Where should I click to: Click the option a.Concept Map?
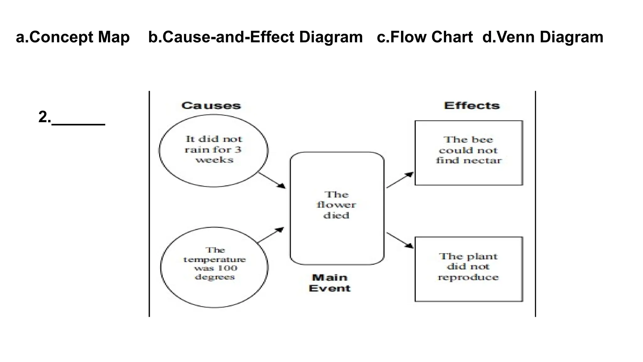73,37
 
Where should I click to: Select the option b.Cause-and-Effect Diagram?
255,37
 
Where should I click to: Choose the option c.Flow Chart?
424,37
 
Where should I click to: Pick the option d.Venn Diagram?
543,37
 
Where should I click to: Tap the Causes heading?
211,106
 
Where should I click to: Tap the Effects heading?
472,106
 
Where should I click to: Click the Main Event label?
330,283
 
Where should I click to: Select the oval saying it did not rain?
213,150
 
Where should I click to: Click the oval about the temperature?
214,267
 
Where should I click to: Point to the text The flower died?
336,205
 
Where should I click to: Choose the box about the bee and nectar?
468,153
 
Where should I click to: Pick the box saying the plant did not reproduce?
468,269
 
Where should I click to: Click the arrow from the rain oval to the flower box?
272,180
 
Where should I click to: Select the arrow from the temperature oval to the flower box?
271,235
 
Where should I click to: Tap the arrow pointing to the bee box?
400,180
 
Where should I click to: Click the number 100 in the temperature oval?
227,268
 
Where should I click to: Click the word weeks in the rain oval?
214,160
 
